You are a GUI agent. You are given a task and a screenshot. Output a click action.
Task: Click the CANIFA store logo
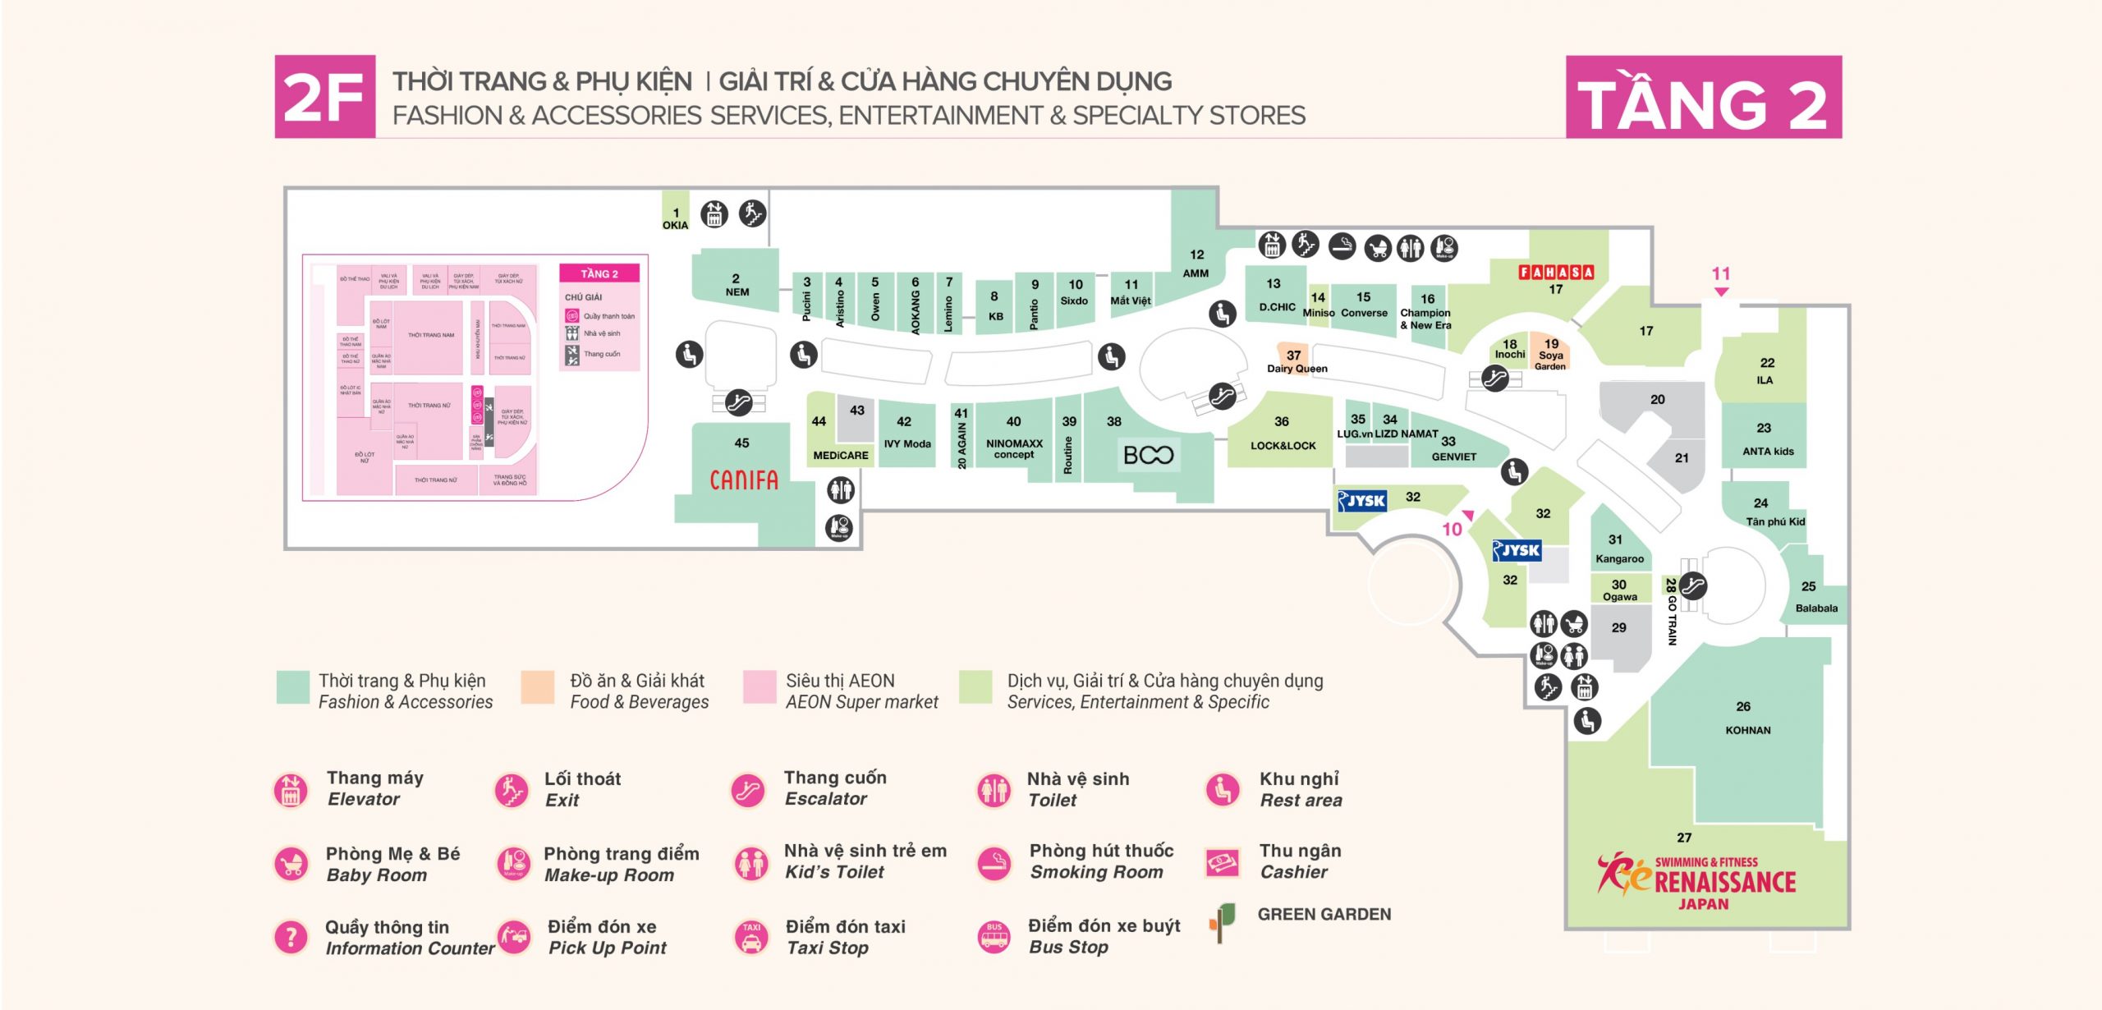743,480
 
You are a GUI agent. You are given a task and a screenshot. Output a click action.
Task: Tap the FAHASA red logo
1555,272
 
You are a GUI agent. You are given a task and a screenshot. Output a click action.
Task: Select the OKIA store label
675,225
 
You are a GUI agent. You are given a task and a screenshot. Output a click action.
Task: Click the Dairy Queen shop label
1297,369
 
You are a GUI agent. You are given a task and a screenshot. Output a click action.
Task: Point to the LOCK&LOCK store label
1283,446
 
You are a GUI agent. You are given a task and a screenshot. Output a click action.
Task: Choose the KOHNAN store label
1747,730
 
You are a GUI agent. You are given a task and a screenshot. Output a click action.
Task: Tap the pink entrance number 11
1721,274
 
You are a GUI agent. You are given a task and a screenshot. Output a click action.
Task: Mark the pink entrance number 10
1452,530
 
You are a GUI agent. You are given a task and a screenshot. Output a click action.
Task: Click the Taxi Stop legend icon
750,937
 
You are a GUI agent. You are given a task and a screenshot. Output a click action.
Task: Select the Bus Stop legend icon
994,937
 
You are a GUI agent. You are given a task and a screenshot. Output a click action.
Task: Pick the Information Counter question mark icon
291,937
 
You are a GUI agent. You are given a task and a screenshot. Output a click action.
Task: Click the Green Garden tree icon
1222,921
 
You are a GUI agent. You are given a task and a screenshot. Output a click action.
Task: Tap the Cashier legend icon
1222,862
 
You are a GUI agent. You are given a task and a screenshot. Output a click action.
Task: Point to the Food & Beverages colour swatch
537,687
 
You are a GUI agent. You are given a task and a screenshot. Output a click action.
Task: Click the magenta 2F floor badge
325,97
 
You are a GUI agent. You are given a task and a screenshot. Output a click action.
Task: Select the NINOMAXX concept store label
1014,448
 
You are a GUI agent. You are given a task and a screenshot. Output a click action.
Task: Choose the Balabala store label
1816,608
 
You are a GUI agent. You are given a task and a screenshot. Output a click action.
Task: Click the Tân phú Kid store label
1775,521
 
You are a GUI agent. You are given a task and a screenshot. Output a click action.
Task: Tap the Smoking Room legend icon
994,863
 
